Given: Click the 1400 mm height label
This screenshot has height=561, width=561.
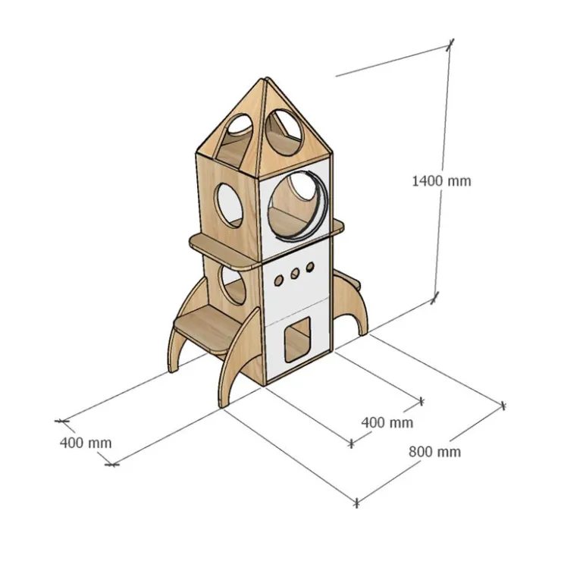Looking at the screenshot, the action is (x=441, y=181).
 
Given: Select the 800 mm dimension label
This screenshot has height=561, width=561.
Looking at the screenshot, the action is (x=434, y=452).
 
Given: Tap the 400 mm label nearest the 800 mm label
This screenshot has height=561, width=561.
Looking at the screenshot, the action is (x=387, y=422).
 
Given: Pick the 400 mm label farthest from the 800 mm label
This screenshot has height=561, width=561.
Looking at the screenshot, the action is (x=86, y=443).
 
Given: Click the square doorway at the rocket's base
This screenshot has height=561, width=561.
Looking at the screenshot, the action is (x=297, y=340).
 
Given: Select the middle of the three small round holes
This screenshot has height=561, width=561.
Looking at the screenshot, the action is (x=295, y=274).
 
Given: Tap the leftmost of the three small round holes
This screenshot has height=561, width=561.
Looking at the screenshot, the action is (x=279, y=280).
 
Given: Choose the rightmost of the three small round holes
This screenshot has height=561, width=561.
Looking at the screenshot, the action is (x=310, y=267).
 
